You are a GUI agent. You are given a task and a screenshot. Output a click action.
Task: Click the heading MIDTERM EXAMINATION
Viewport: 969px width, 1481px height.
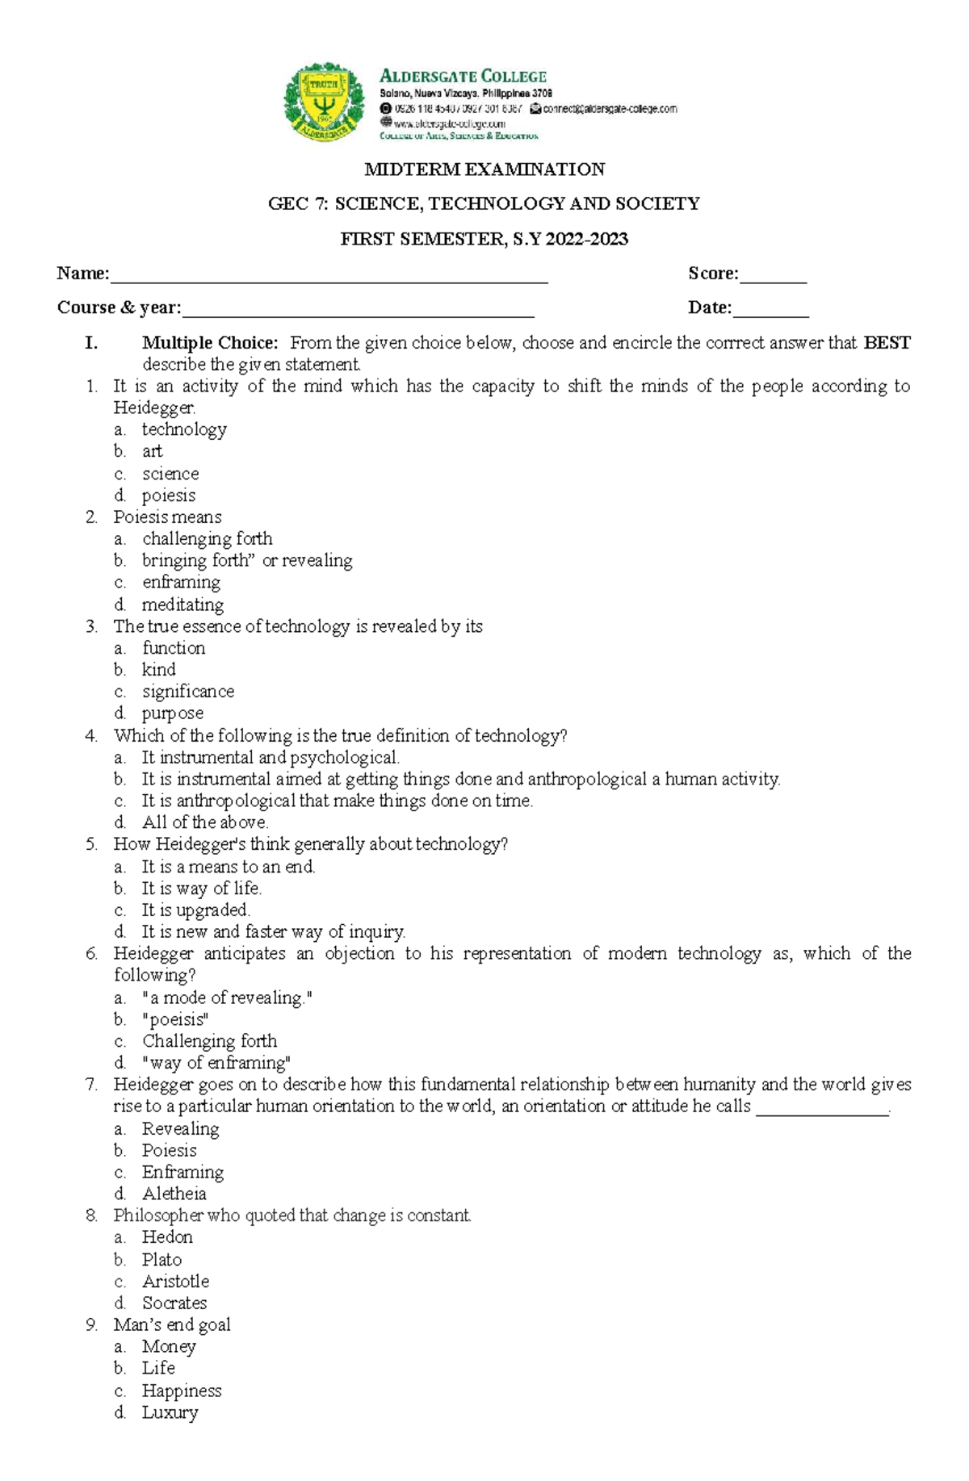coord(484,169)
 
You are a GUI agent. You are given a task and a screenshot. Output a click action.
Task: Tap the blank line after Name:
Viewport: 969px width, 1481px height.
coord(329,276)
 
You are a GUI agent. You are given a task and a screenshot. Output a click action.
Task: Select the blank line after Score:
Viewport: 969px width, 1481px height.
coord(773,276)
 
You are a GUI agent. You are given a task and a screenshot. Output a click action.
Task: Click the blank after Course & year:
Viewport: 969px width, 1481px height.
coord(358,310)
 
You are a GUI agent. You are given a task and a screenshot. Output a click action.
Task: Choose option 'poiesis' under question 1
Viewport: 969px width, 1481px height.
coord(169,496)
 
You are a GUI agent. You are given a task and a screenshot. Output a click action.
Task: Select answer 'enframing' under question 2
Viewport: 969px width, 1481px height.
coord(181,583)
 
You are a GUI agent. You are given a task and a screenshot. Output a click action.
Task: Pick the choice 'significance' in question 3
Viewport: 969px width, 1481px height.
coord(188,692)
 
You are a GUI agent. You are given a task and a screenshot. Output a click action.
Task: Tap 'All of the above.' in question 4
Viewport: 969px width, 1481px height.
coord(205,822)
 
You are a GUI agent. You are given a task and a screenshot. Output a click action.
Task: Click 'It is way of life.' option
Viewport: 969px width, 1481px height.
coord(201,889)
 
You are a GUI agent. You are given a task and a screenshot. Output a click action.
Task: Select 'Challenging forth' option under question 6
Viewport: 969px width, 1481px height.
coord(209,1041)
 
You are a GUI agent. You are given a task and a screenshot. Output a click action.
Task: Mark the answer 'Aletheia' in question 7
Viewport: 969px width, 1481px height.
coord(174,1194)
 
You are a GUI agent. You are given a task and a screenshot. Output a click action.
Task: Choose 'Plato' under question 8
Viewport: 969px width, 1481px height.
coord(161,1260)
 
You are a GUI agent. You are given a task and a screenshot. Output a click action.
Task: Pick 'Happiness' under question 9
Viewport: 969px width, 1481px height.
coord(182,1391)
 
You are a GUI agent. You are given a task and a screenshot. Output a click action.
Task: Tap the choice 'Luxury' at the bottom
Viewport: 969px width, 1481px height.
coord(170,1412)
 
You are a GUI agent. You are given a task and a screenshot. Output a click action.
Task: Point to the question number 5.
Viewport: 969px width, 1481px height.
coord(91,844)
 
